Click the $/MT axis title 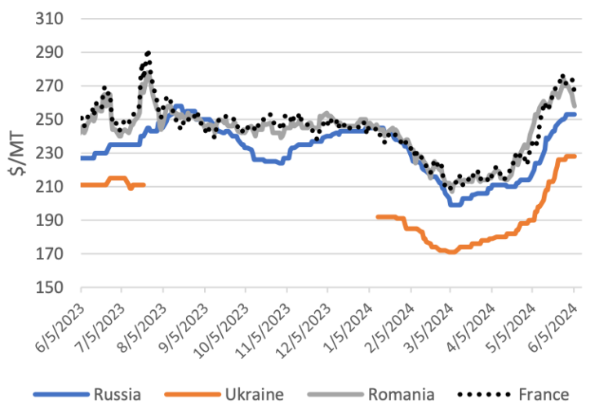pos(19,153)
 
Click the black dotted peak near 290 pos(147,54)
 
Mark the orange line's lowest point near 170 pos(451,252)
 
